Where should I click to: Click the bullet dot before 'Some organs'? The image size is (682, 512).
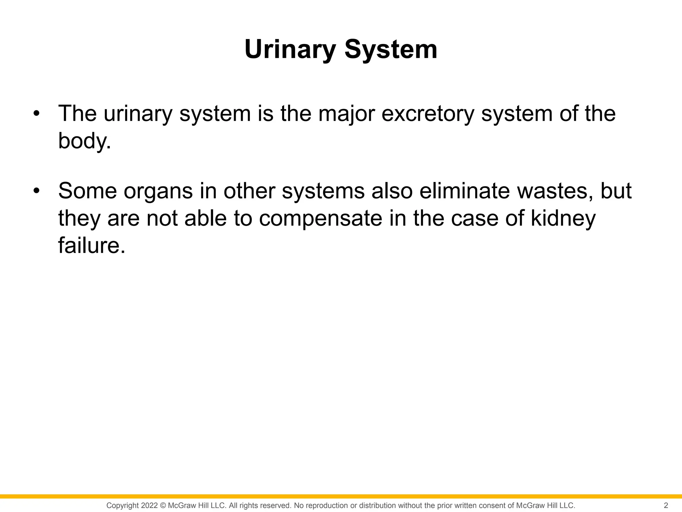pyautogui.click(x=36, y=191)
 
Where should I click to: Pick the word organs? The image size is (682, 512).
pyautogui.click(x=158, y=191)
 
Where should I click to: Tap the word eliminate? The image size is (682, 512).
pyautogui.click(x=464, y=191)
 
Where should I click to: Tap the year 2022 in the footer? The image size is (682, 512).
pyautogui.click(x=149, y=505)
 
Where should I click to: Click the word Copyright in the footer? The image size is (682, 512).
pyautogui.click(x=123, y=505)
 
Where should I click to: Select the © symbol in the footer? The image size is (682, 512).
pyautogui.click(x=163, y=505)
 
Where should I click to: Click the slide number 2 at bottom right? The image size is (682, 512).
pyautogui.click(x=666, y=505)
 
